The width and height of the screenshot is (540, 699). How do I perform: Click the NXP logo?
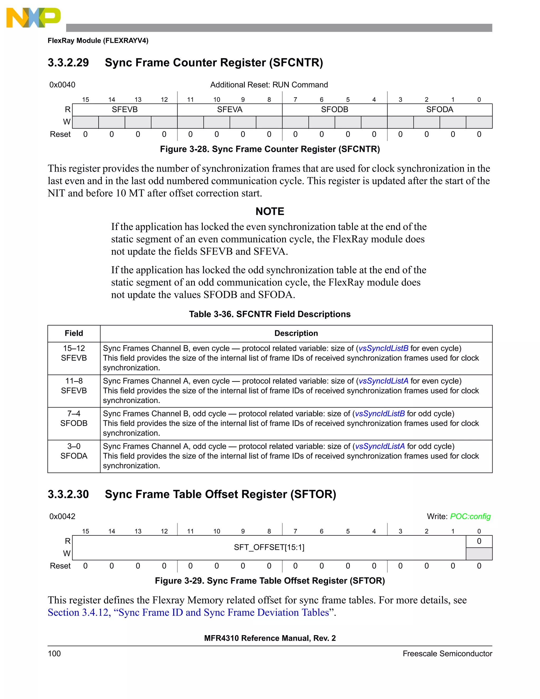click(x=33, y=18)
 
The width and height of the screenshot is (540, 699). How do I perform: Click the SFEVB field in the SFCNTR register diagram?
click(x=124, y=109)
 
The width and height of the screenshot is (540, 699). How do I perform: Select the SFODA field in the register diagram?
click(x=439, y=109)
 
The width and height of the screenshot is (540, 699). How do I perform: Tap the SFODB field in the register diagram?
click(x=334, y=109)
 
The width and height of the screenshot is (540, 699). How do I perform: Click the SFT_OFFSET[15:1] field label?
click(x=269, y=547)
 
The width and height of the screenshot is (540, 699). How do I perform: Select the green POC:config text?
click(x=470, y=516)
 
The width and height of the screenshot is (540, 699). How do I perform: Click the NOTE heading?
click(x=270, y=211)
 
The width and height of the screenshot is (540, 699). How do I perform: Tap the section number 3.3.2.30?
click(x=68, y=494)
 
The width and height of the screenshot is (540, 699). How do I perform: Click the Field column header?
click(x=74, y=333)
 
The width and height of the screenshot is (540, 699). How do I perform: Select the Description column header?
click(x=296, y=333)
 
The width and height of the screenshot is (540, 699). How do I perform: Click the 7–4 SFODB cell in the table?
click(x=74, y=419)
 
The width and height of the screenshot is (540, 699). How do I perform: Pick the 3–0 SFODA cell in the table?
click(x=74, y=451)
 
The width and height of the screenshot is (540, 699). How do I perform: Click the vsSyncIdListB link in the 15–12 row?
click(x=383, y=348)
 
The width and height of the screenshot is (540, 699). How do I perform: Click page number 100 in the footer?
click(x=54, y=654)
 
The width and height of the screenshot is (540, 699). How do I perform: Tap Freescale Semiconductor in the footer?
click(x=447, y=654)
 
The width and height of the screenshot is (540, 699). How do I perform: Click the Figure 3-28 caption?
click(x=270, y=149)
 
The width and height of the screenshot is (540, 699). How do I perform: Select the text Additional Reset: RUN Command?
click(x=269, y=85)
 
